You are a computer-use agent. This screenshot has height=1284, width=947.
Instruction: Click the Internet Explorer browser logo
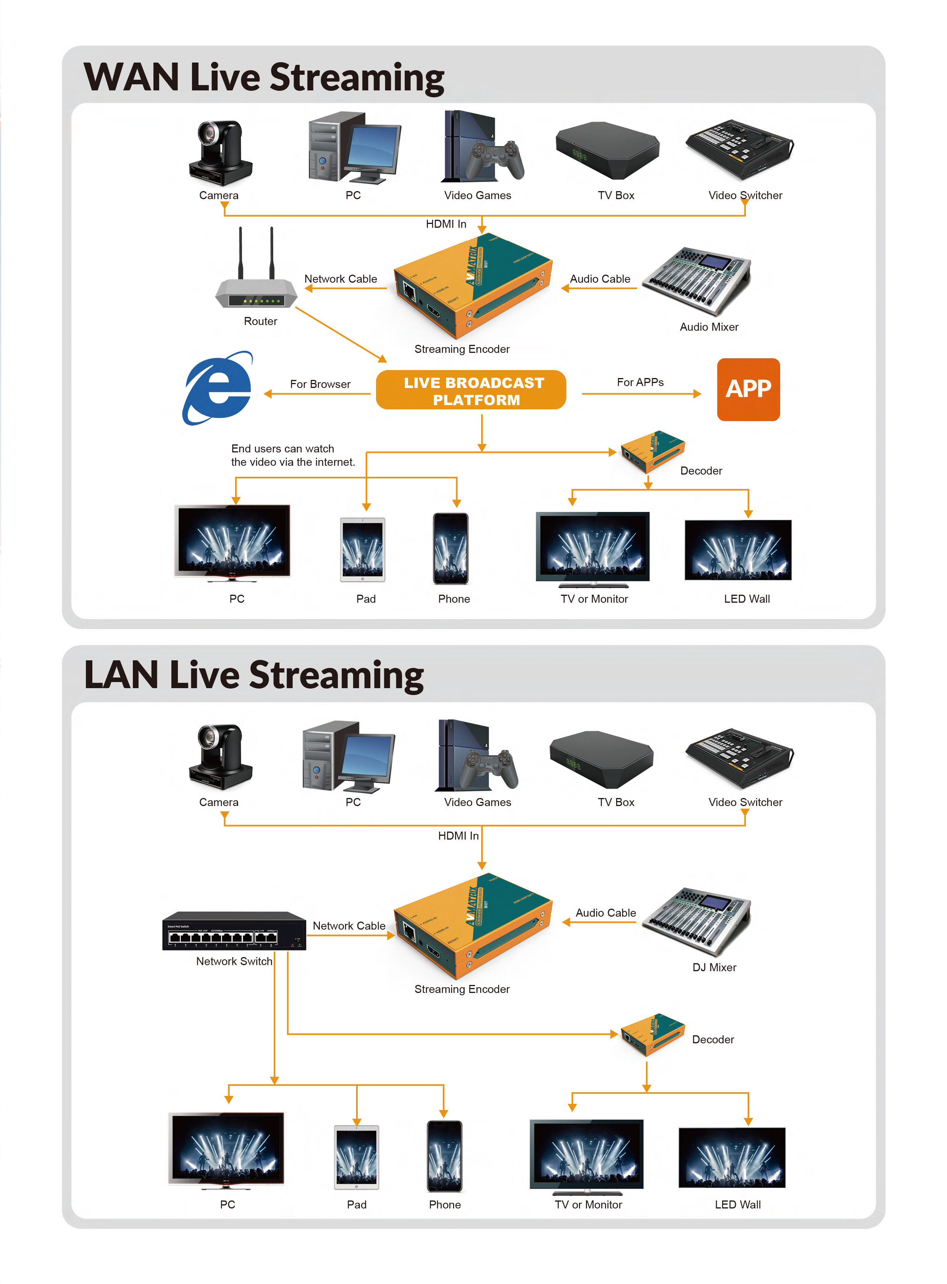point(218,388)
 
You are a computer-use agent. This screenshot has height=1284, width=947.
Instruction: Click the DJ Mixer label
point(714,967)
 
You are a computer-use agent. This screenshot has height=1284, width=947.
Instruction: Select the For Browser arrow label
point(320,384)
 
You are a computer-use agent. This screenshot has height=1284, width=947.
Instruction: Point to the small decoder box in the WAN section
point(652,451)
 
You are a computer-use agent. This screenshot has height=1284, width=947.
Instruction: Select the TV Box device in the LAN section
point(601,758)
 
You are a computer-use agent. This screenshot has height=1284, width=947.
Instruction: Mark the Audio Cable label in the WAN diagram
point(600,278)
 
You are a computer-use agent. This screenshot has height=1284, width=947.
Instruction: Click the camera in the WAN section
point(221,152)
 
